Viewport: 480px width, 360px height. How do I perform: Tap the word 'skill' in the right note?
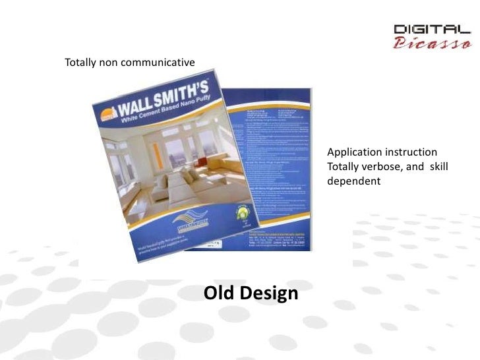pyautogui.click(x=439, y=166)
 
